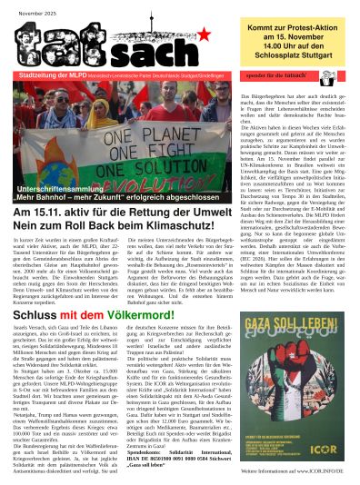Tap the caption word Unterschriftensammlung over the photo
(x=55, y=184)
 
